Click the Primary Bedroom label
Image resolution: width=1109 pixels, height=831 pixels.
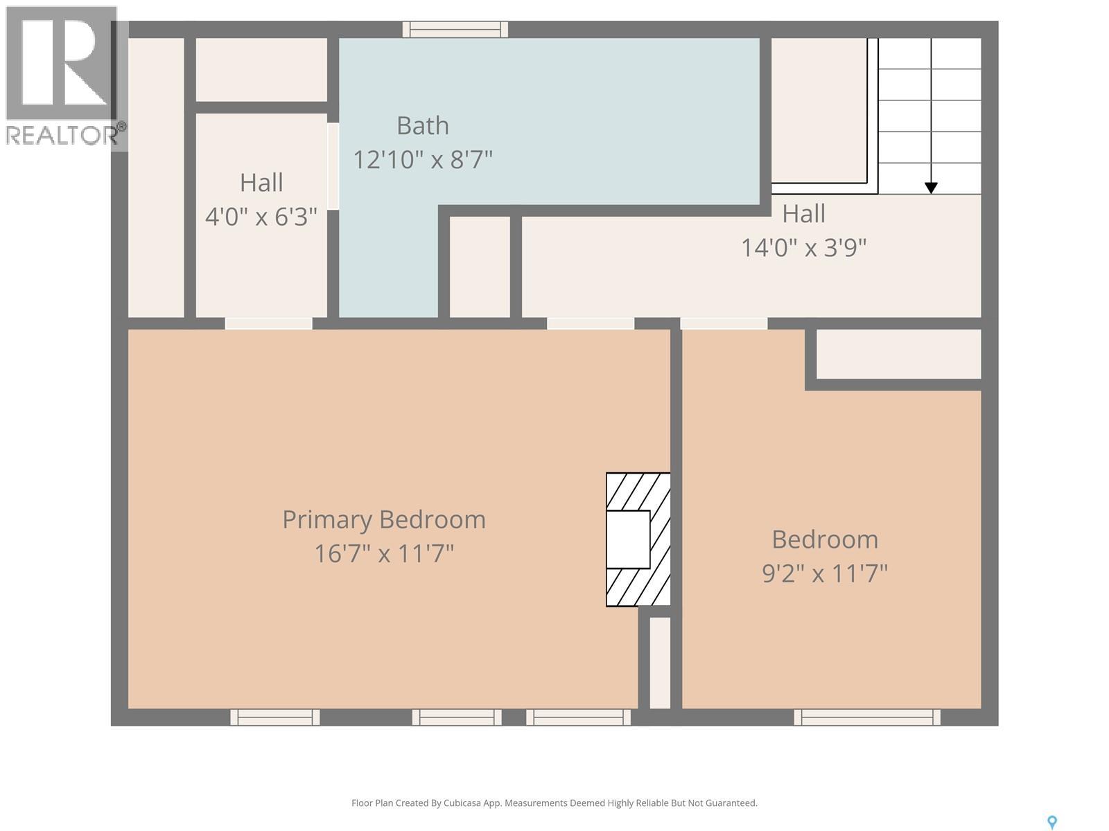coord(383,519)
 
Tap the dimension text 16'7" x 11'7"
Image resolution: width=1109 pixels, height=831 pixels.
coord(383,554)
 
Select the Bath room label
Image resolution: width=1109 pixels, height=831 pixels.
coord(422,125)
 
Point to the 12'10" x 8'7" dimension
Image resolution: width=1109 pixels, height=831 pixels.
coord(422,160)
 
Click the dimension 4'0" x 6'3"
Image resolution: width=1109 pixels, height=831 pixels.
coord(261,217)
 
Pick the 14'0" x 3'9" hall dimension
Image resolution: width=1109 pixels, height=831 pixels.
coord(803,247)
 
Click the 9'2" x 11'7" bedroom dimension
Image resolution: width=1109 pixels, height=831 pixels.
coord(824,573)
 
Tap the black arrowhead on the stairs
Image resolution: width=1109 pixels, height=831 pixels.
coord(931,188)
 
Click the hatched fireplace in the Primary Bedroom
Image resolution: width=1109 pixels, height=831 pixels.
coord(638,539)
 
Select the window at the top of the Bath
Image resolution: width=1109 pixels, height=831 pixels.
coord(455,29)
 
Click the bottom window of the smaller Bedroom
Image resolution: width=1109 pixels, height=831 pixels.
coord(866,717)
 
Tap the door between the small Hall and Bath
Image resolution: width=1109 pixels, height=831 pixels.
coord(333,166)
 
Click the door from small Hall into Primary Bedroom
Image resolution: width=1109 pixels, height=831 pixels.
coord(268,323)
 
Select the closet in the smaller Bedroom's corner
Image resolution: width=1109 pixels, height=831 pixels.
coord(898,354)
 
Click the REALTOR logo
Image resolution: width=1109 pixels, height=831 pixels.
coord(62,76)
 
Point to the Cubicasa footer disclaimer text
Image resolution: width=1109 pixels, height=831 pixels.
coord(554,803)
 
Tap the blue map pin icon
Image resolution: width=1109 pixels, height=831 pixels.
coord(1051,822)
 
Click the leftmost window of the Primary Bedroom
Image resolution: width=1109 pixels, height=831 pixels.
coord(274,717)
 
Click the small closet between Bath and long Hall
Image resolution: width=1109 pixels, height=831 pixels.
coord(480,267)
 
